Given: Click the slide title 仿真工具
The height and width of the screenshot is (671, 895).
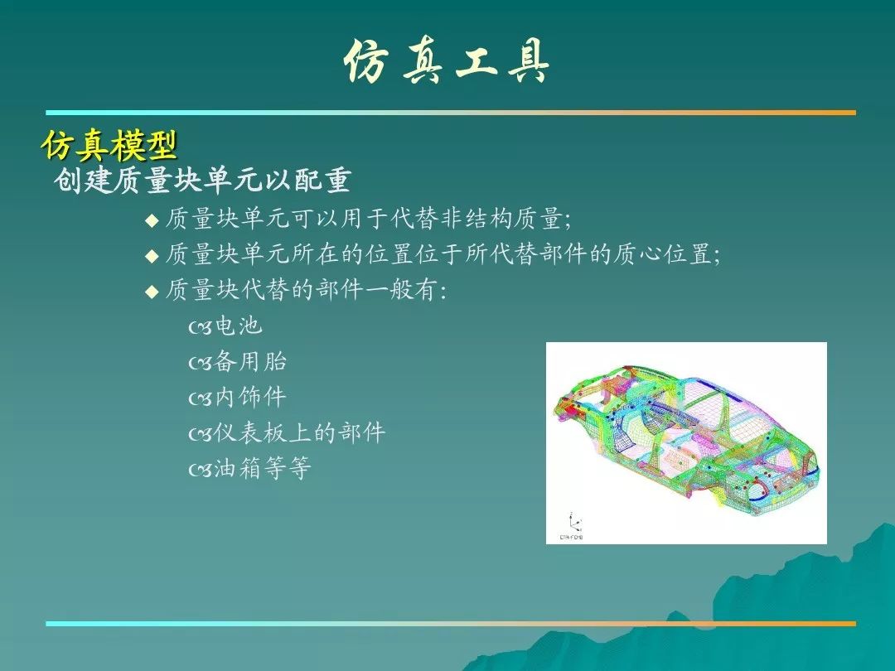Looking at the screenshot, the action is pos(447,61).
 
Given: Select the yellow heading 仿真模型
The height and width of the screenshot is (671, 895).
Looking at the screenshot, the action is pos(109,145).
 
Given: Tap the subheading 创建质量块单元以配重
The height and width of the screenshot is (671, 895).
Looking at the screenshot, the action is pos(202,181).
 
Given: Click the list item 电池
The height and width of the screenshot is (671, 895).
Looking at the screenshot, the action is pos(239,326).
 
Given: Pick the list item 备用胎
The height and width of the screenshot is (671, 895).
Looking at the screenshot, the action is pos(250,361).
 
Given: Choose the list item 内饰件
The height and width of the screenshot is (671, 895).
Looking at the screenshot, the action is pos(250,397).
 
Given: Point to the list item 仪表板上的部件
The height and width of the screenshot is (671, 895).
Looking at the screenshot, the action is pos(300,432).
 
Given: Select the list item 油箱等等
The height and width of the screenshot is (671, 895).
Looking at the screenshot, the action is pos(263,468).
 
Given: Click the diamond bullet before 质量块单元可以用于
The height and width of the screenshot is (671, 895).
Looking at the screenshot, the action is pos(152,220).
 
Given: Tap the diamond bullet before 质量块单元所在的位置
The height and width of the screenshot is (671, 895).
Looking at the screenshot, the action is pos(152,256).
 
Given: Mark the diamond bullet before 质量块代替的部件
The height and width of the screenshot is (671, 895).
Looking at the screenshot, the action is pos(152,292).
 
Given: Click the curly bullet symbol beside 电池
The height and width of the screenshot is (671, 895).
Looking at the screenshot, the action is pos(201,327).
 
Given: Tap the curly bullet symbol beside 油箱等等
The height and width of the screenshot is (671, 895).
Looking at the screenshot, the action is pos(201,470).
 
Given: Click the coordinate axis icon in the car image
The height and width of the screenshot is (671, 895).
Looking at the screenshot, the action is pos(574,522).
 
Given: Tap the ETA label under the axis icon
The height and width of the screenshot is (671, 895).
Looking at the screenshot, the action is pos(571,537).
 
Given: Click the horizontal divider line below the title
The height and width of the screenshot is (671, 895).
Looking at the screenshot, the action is pos(451,113).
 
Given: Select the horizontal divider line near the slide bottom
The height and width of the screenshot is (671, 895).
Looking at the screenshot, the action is pos(451,624).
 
